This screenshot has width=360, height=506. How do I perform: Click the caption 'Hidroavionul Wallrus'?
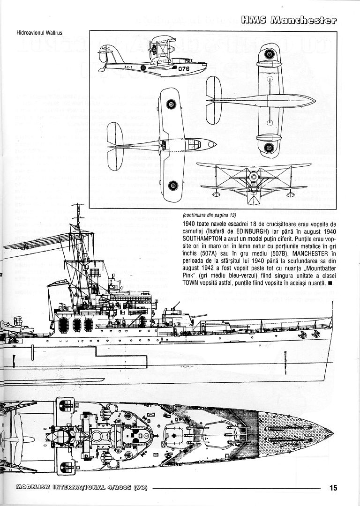tap(35, 33)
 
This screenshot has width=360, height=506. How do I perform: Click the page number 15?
tap(333, 488)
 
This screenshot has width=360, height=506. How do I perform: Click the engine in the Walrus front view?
tap(253, 177)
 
